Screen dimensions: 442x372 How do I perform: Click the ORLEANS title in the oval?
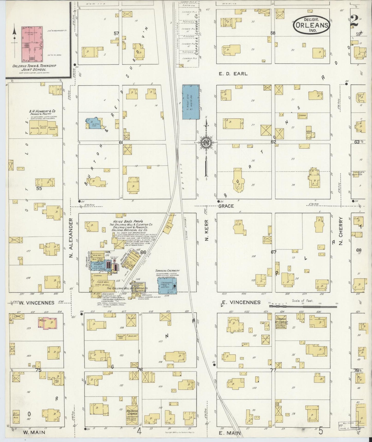click(x=312, y=25)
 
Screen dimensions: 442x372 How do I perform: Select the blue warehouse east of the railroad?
click(x=191, y=102)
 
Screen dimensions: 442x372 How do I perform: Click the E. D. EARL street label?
click(x=233, y=74)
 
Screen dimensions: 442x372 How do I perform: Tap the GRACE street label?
click(x=226, y=206)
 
